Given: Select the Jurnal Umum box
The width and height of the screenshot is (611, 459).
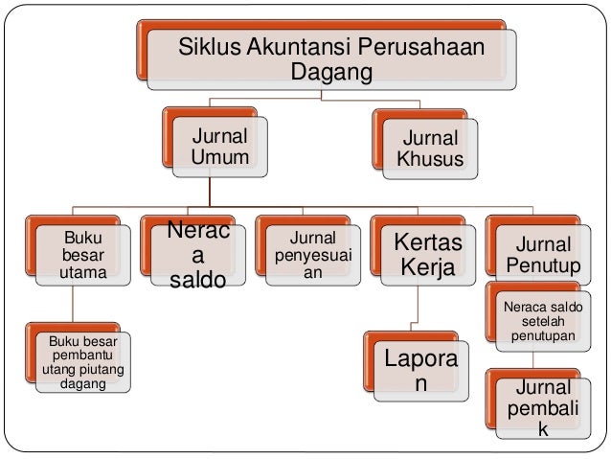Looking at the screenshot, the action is [219, 146].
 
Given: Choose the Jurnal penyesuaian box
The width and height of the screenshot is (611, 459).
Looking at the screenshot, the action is [306, 254].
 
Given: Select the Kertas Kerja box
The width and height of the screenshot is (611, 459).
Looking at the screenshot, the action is [421, 254].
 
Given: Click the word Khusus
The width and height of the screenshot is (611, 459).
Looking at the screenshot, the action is [430, 159].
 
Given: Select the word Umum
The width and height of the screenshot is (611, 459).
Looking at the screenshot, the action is [219, 157].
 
